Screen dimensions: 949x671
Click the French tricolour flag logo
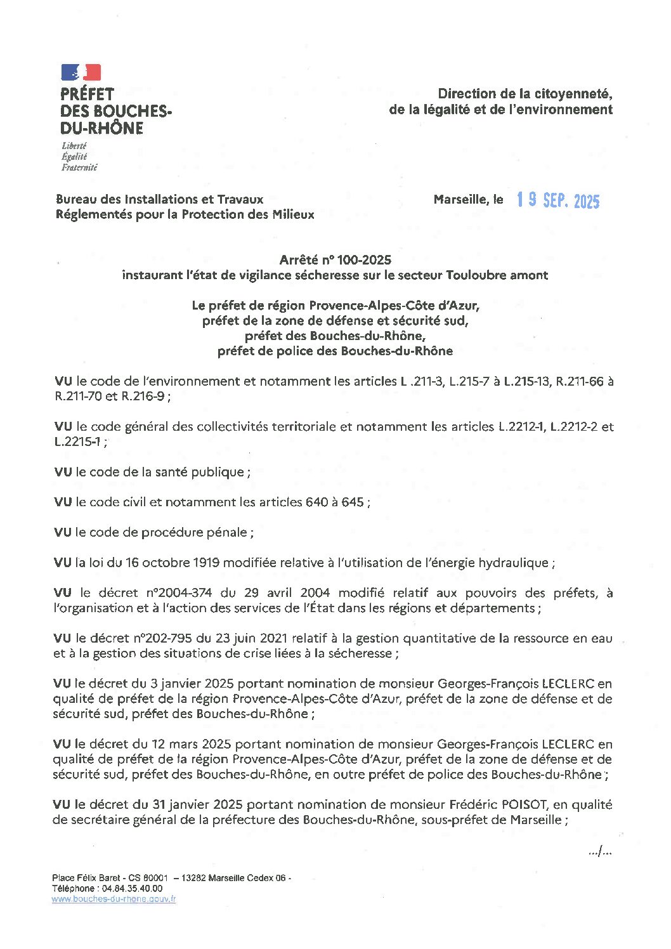[81, 72]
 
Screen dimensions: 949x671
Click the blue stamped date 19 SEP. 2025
[557, 200]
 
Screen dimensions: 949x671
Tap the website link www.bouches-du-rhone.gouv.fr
[114, 899]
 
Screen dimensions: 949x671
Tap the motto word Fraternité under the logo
[79, 168]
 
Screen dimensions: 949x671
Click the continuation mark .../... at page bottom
[599, 852]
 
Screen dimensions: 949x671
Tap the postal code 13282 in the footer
[193, 879]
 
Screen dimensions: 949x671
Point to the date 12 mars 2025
[192, 744]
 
